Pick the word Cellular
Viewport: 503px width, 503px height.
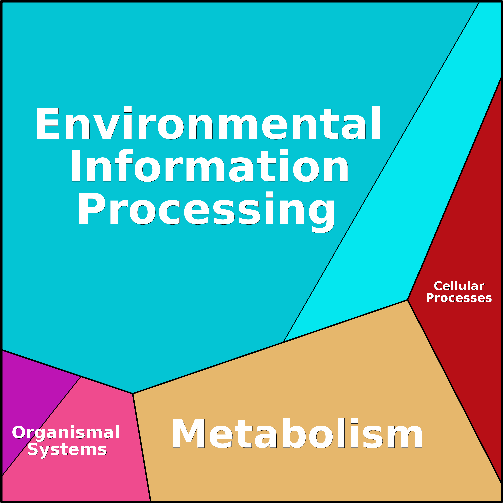point(459,286)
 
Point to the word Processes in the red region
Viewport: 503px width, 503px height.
point(459,298)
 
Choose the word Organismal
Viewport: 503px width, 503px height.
point(66,433)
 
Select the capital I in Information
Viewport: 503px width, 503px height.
point(75,166)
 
